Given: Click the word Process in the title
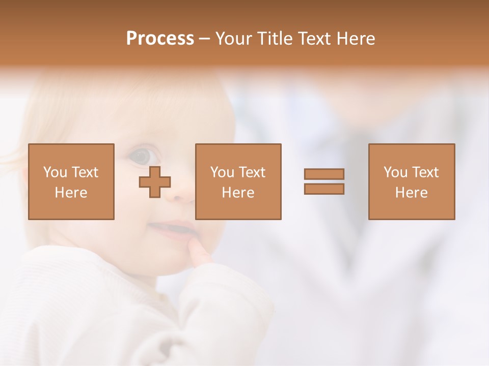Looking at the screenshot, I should tap(160, 39).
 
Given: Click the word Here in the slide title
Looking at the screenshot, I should tap(356, 39).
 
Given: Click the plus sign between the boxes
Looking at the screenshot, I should tap(155, 181).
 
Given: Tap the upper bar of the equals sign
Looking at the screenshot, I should tap(324, 174).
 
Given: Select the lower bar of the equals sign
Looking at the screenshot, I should tap(324, 189).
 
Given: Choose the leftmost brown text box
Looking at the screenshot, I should tap(71, 181).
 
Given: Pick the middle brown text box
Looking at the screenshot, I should tap(238, 181).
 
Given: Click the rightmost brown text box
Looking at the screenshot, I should tap(411, 181).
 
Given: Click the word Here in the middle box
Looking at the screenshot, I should tap(238, 193).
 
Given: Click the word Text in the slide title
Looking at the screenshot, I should tap(314, 39).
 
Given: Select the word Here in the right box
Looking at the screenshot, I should tap(411, 193).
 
